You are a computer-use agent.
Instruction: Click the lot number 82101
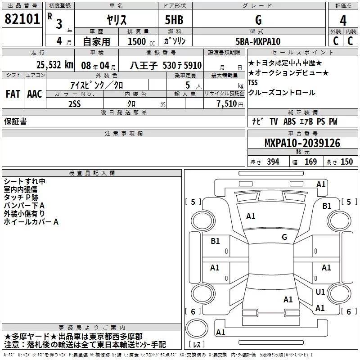coord(22,19)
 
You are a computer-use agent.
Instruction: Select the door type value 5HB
coord(175,20)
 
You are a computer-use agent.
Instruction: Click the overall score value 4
coord(343,20)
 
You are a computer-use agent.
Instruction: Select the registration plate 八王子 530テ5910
coord(166,65)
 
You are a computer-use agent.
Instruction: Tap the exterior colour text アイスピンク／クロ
coord(97,85)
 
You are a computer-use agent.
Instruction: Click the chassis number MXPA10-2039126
coord(302,143)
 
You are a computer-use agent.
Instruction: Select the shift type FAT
coord(13,94)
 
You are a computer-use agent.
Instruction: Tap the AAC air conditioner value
coord(35,94)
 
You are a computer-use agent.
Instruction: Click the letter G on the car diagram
coord(284,237)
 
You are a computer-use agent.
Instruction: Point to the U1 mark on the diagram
coord(320,292)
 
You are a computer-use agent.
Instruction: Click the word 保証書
coord(15,121)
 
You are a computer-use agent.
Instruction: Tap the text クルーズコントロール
coord(281,93)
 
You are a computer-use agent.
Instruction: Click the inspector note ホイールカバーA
coord(31,222)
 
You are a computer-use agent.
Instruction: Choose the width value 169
coord(310,162)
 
